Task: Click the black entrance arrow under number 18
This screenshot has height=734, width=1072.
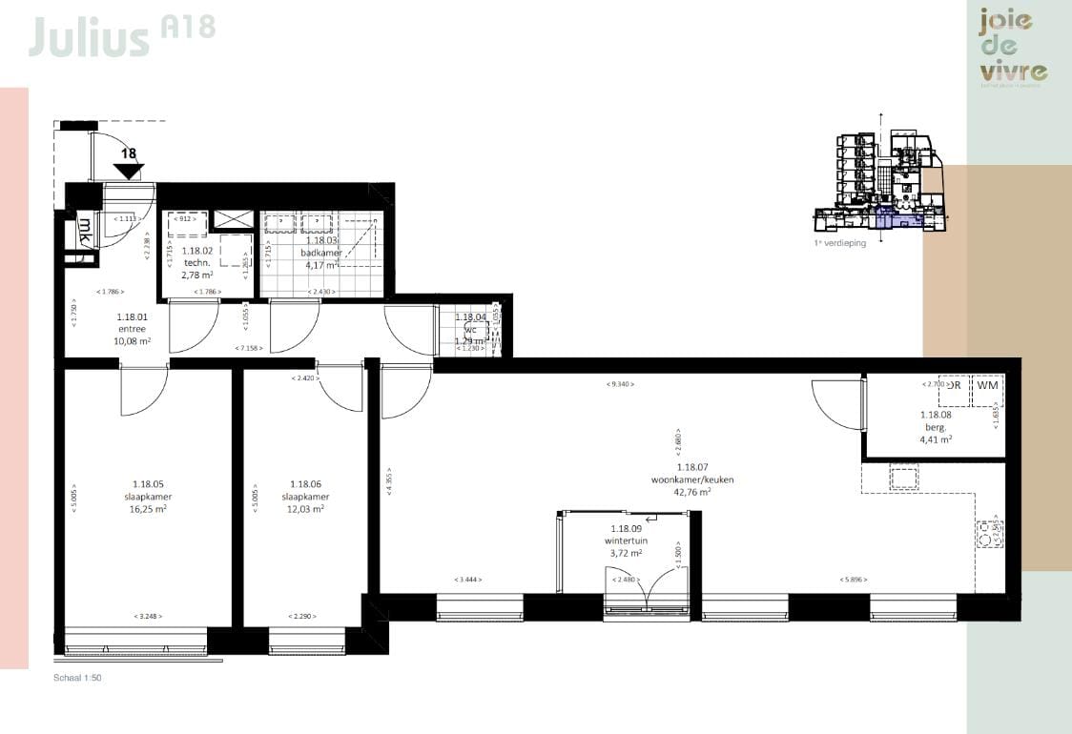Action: point(128,172)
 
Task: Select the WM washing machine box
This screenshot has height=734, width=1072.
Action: point(987,386)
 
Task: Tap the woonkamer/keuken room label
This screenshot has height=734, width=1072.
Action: point(691,479)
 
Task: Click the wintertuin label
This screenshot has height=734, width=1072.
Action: point(626,540)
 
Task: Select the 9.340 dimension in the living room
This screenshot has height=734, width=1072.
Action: point(620,384)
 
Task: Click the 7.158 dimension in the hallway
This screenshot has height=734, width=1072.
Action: point(248,348)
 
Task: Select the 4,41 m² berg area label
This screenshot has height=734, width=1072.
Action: point(936,440)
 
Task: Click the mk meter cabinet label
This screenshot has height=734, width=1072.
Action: point(85,229)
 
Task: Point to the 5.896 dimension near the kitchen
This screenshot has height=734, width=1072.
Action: point(853,580)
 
